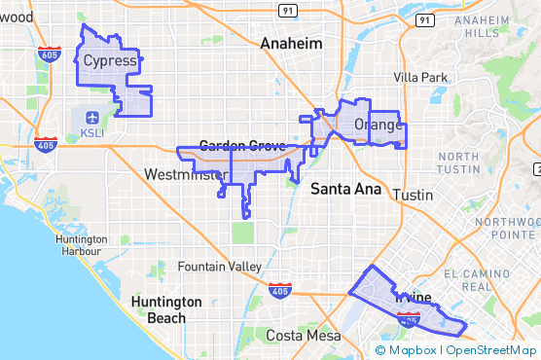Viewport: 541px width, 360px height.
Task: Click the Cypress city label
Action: click(110, 61)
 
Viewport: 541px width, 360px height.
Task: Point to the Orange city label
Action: click(378, 125)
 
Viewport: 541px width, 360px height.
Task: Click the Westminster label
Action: click(184, 174)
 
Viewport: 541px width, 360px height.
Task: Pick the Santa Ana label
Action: click(345, 190)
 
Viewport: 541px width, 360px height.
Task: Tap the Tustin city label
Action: click(415, 195)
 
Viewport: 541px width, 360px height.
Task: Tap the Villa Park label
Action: click(420, 77)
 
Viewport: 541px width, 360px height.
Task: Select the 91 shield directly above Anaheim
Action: click(288, 10)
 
